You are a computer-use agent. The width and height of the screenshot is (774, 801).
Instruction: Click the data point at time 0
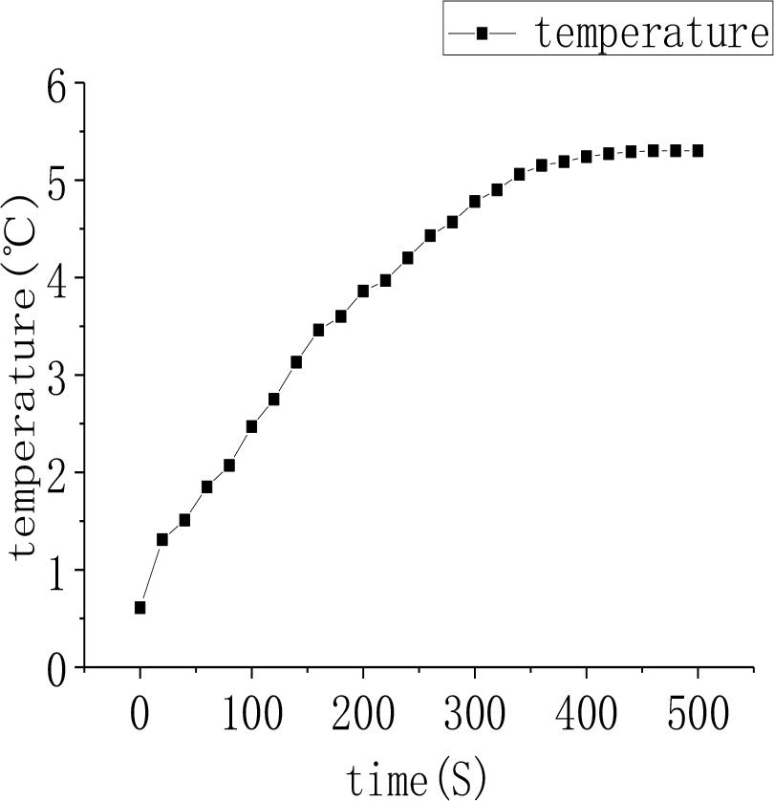pyautogui.click(x=140, y=607)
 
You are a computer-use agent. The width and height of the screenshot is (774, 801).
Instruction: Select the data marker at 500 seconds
pyautogui.click(x=698, y=151)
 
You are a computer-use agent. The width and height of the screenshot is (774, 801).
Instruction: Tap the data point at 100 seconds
pyautogui.click(x=251, y=426)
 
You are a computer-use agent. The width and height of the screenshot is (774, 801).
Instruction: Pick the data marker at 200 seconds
pyautogui.click(x=363, y=291)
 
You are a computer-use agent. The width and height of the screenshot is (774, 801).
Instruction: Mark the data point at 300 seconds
pyautogui.click(x=475, y=202)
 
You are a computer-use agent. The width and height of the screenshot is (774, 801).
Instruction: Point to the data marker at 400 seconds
pyautogui.click(x=586, y=156)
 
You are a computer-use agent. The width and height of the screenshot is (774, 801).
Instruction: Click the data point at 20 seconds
pyautogui.click(x=162, y=539)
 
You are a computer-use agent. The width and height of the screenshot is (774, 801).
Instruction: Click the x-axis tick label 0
pyautogui.click(x=140, y=714)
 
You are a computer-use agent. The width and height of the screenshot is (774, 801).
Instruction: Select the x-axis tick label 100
pyautogui.click(x=251, y=714)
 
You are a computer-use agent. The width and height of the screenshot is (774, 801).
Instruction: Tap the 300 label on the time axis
pyautogui.click(x=475, y=714)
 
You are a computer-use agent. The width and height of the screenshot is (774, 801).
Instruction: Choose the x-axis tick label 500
pyautogui.click(x=698, y=714)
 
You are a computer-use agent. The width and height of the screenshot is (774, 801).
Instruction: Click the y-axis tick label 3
pyautogui.click(x=59, y=376)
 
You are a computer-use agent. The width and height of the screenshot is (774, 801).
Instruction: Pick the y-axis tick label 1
pyautogui.click(x=59, y=571)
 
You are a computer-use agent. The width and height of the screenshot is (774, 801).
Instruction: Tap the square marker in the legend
pyautogui.click(x=483, y=33)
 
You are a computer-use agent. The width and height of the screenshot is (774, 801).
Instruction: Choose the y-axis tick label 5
pyautogui.click(x=59, y=182)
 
